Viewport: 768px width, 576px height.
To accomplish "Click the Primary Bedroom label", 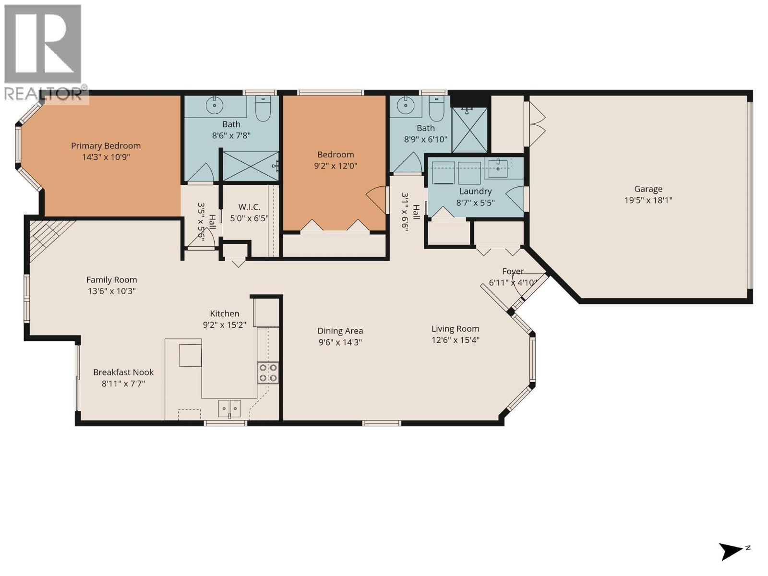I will (x=106, y=145).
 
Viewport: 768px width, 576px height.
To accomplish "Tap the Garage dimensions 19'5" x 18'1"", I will (x=648, y=200).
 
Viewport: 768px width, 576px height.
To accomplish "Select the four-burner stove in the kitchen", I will (x=268, y=372).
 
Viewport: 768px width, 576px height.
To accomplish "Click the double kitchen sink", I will (x=229, y=408).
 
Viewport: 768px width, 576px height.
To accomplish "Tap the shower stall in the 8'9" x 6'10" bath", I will (x=469, y=130).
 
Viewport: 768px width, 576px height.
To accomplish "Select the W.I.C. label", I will (x=249, y=207).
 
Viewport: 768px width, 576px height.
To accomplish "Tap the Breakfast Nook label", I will (x=123, y=372).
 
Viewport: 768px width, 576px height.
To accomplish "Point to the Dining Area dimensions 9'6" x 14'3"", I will (x=340, y=342).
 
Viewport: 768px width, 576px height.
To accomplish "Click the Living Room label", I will (x=455, y=329).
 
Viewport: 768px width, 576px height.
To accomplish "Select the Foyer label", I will (x=513, y=271).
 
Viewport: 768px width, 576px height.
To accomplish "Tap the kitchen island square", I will (x=190, y=355).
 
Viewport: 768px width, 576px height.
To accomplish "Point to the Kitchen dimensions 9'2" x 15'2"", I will (x=224, y=325).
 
